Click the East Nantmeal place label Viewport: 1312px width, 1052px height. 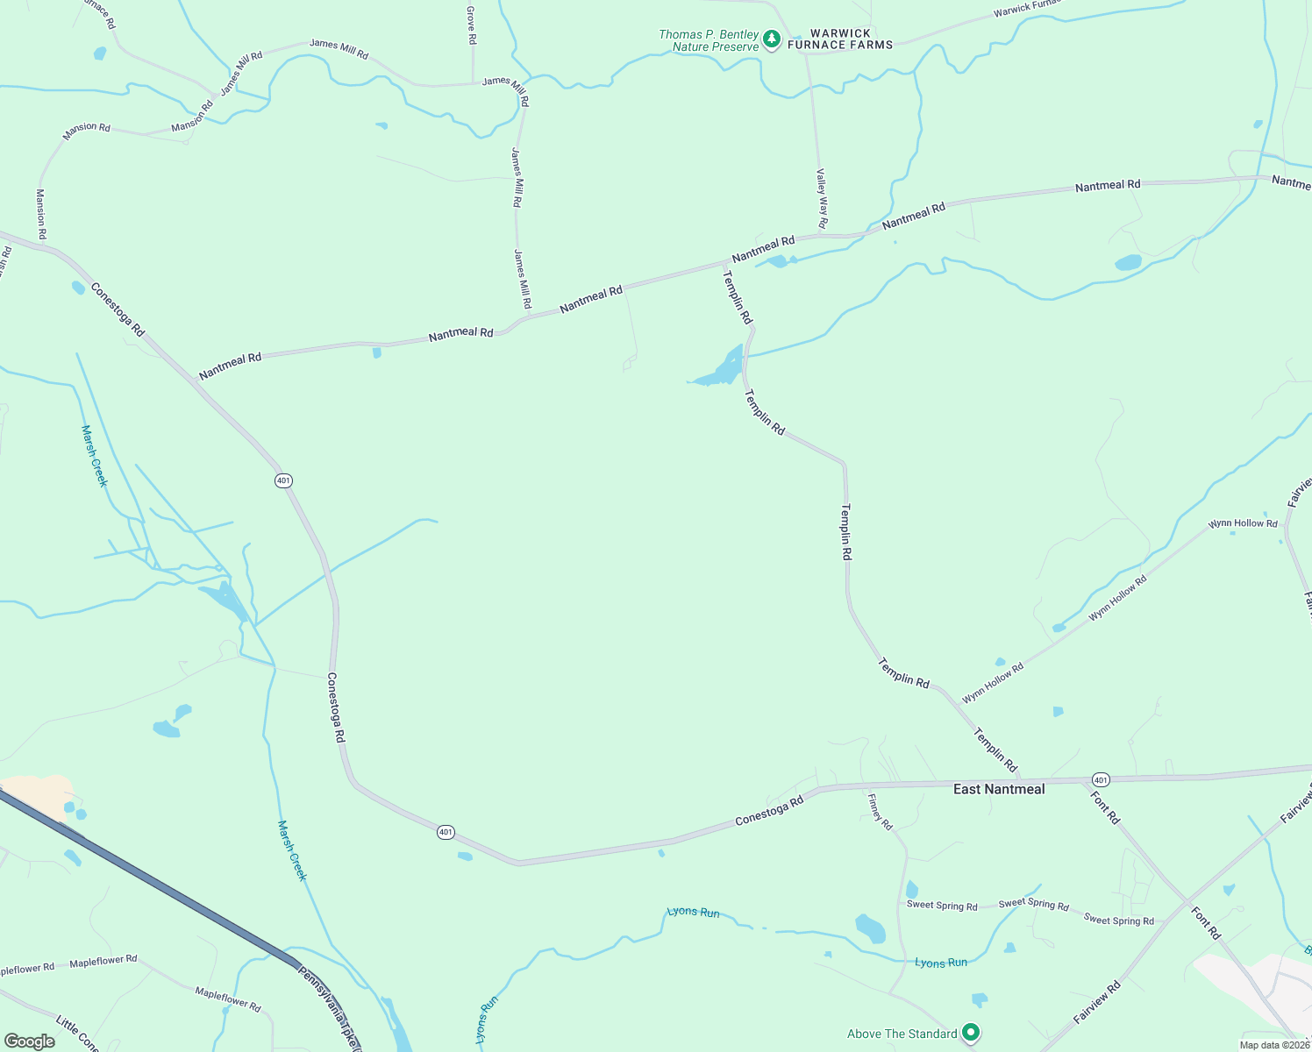999,789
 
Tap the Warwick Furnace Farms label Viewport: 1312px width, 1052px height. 840,39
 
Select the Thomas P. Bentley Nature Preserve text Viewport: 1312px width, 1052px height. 709,40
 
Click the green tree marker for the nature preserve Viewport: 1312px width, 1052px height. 771,39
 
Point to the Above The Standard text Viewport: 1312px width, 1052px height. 902,1034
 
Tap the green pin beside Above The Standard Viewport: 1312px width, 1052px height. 970,1033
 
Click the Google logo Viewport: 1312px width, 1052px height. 30,1041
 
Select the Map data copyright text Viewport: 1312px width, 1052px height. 1273,1045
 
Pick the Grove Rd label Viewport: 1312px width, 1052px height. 471,25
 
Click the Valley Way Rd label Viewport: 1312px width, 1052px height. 822,198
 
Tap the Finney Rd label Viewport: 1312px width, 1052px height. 880,812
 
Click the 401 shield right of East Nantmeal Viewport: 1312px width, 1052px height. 1101,779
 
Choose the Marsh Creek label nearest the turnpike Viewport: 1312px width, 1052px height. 292,849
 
